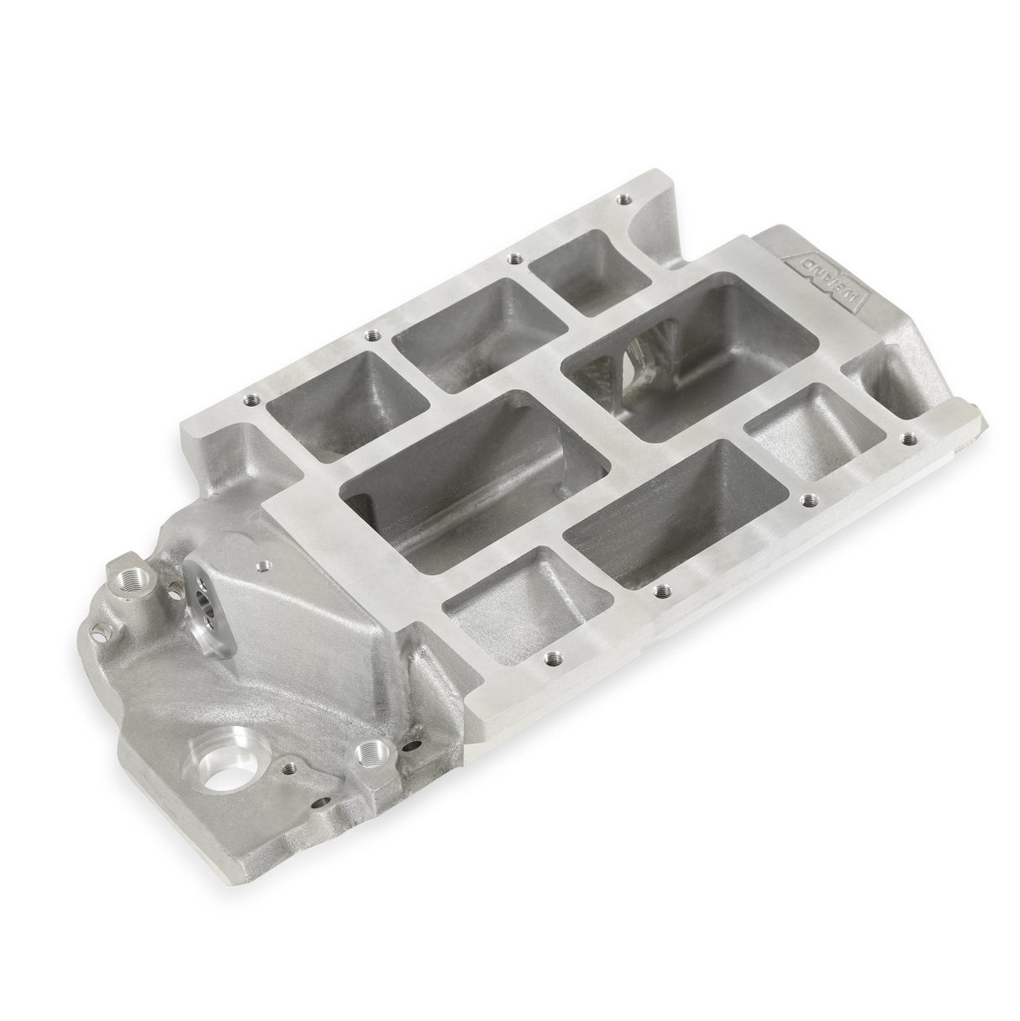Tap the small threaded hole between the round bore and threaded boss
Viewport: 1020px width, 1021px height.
[x=291, y=744]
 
